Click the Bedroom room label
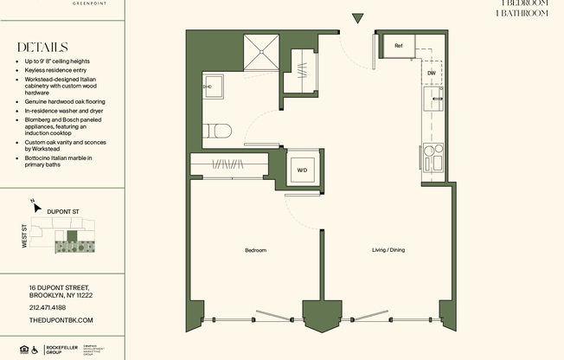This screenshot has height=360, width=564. point(255,250)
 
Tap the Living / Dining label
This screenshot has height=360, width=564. point(388,250)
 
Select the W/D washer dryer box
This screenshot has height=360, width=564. point(302,170)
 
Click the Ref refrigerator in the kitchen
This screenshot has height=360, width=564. point(399,46)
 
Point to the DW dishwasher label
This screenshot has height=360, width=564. point(431,74)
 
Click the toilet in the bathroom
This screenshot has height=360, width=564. point(217,132)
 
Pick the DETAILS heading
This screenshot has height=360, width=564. point(42,48)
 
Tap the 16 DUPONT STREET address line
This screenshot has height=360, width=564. point(60,287)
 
